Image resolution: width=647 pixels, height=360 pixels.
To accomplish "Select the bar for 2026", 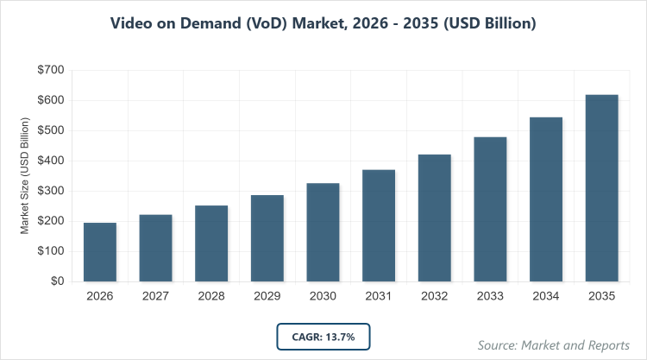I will (x=100, y=252).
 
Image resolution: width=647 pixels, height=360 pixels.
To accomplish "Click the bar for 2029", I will (x=267, y=238).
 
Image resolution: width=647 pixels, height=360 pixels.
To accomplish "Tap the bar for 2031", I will (x=379, y=225).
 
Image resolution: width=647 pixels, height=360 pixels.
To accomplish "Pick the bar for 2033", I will (x=490, y=209).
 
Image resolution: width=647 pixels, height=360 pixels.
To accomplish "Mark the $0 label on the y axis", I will (x=54, y=281).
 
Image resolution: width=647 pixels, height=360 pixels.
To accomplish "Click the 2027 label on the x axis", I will (x=156, y=296).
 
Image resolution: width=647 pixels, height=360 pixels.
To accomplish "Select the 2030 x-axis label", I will (x=323, y=296).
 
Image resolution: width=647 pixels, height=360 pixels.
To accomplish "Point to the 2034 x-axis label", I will (x=546, y=296).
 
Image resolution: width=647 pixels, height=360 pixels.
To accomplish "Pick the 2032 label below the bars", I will (x=435, y=296).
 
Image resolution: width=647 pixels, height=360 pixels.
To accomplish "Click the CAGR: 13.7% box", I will (x=323, y=336).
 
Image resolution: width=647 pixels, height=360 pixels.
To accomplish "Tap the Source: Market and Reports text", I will (x=548, y=345).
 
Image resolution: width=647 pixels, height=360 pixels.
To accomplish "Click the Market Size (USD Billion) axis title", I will (x=25, y=176).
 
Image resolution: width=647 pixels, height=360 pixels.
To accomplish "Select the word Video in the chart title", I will (x=133, y=23).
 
